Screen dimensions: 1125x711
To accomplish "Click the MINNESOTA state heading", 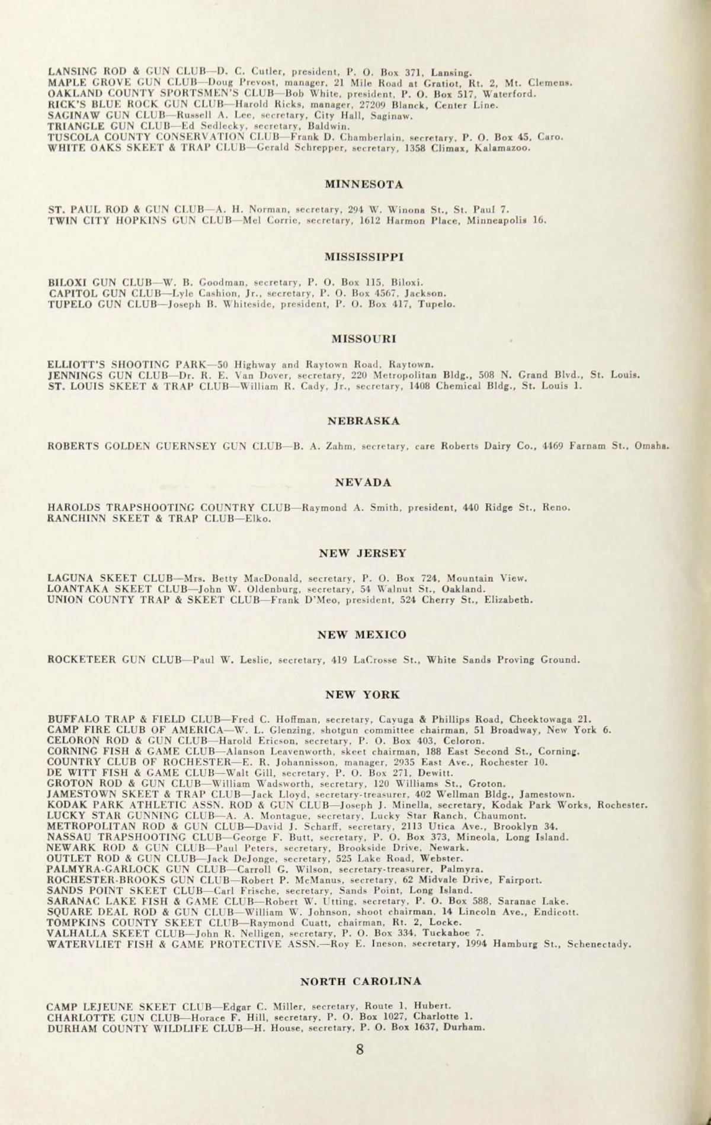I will pos(364,185).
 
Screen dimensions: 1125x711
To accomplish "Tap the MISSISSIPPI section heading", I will pos(364,257).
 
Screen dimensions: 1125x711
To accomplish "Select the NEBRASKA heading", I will pos(364,421).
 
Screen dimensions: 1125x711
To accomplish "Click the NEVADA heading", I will pos(364,483).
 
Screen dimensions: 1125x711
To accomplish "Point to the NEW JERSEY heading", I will pos(363,553).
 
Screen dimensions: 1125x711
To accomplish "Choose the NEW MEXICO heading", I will pos(363,635).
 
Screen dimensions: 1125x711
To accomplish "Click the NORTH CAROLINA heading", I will pos(361,981).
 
